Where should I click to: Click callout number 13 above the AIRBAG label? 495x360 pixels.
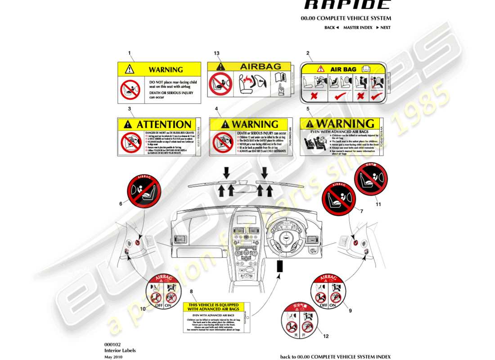(x=216, y=54)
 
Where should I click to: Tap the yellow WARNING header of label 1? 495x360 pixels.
(x=159, y=69)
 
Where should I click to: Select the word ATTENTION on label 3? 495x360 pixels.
(x=163, y=124)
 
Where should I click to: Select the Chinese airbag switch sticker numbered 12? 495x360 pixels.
(x=297, y=320)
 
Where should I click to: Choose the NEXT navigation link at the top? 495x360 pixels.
(x=383, y=27)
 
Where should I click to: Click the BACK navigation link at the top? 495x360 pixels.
(x=331, y=27)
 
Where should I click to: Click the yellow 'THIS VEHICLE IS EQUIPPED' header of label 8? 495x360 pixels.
(x=211, y=307)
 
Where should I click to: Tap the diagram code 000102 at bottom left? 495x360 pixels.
(x=112, y=344)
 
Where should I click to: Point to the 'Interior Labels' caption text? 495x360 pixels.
(x=120, y=350)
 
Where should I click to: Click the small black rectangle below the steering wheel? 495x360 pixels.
(x=279, y=266)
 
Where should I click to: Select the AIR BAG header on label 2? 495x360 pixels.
(x=343, y=69)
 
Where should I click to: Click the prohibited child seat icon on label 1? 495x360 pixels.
(x=130, y=89)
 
